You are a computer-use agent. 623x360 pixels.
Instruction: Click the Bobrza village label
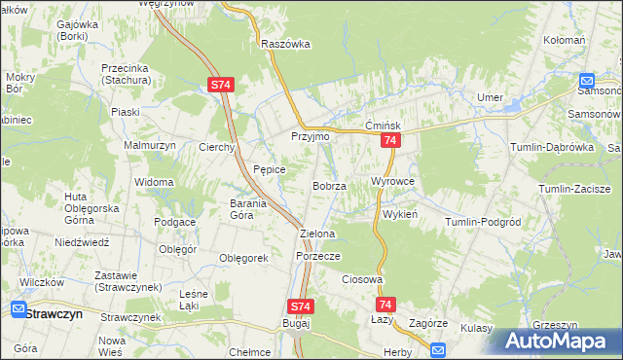pos(329,186)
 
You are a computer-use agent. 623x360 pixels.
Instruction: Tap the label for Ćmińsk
pos(384,126)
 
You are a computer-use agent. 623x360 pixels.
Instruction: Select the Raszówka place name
pos(285,44)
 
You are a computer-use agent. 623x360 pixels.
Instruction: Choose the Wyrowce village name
pos(393,182)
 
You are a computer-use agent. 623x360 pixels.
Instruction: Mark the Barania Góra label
pos(254,209)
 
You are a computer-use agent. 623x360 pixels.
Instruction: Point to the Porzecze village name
pos(316,256)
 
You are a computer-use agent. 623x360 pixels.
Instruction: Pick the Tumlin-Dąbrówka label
pos(551,147)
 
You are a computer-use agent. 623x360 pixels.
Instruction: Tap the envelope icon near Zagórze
pos(437,349)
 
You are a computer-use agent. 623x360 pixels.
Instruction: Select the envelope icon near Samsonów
pos(588,82)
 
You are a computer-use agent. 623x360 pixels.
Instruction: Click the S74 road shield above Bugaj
pos(301,306)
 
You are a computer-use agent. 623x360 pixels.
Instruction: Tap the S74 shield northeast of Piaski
pos(220,86)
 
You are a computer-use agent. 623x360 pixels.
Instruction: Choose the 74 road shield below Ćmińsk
pos(389,142)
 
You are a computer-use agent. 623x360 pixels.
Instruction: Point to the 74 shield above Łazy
pos(385,306)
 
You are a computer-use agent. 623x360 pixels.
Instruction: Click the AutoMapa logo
pos(558,342)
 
